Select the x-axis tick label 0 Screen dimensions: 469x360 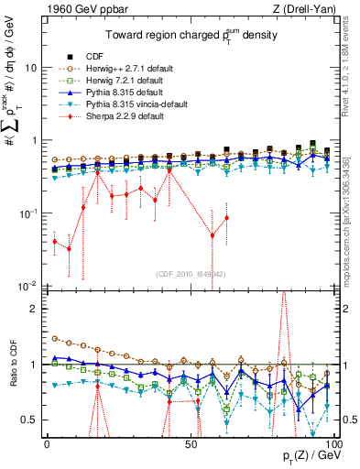pos(47,443)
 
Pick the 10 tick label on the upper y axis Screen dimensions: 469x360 pos(30,69)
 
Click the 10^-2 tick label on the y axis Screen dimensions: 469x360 pos(28,286)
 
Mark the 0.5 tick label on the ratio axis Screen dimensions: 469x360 pos(30,420)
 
